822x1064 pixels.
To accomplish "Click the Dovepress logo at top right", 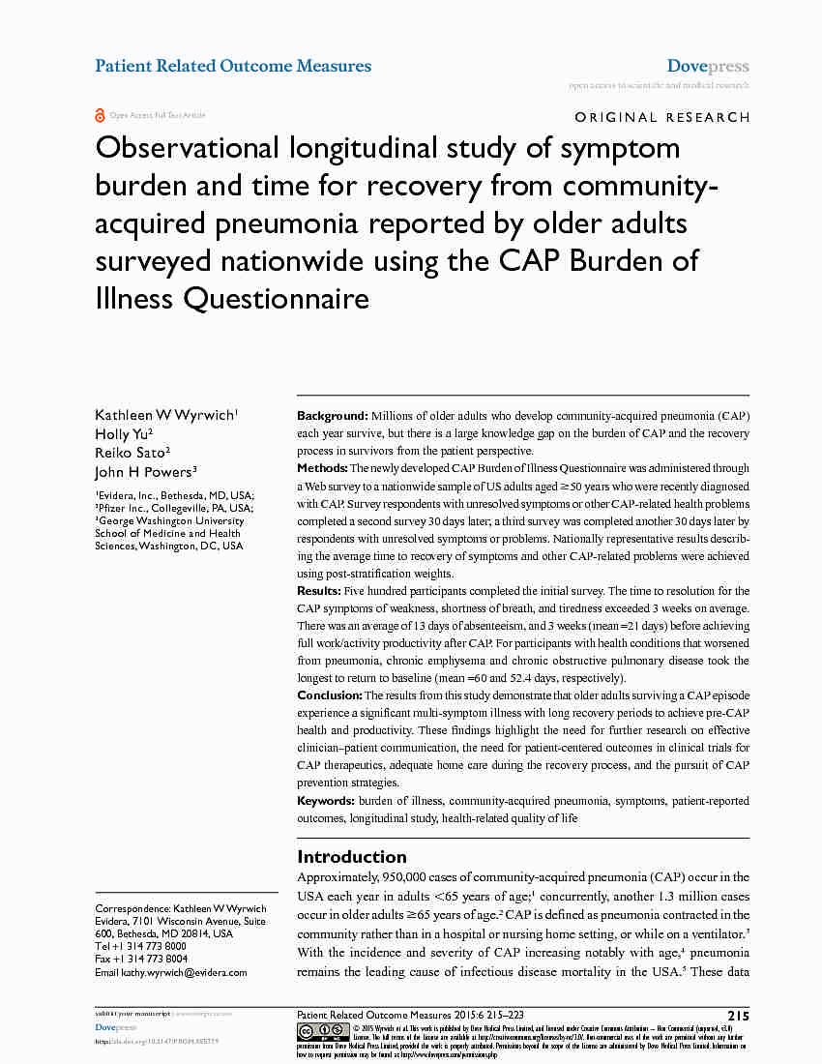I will [708, 67].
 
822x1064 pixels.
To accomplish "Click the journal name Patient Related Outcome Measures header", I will [233, 66].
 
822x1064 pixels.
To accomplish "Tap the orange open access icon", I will [100, 116].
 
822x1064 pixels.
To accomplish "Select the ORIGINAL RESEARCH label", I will [662, 117].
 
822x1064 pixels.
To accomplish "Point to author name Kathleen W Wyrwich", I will [164, 415].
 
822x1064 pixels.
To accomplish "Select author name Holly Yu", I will [122, 434].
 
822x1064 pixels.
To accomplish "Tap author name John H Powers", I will [144, 472].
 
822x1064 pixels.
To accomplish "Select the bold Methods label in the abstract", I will [322, 468].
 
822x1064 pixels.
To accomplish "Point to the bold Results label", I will [318, 591].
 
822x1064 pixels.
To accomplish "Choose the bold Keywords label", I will [326, 801].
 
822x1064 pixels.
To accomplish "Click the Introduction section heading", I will [351, 856].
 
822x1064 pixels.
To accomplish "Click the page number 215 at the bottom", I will [738, 1016].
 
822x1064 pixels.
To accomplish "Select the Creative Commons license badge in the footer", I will [323, 1032].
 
